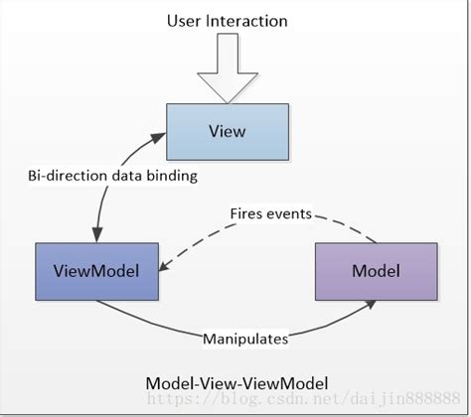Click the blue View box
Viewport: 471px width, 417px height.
coord(228,130)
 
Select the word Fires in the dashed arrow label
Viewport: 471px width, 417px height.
coord(247,212)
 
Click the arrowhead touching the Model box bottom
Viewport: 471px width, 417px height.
coord(370,307)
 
